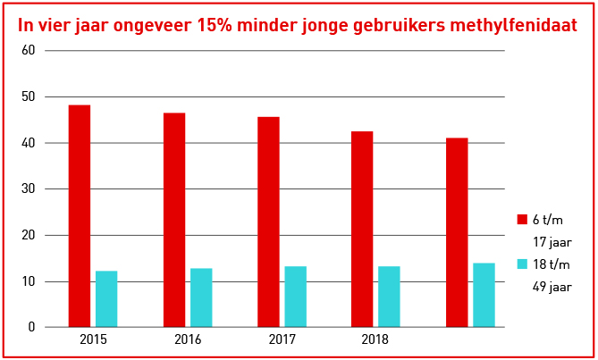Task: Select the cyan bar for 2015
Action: pyautogui.click(x=106, y=298)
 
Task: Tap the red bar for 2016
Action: pyautogui.click(x=174, y=220)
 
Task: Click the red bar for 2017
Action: pyautogui.click(x=268, y=222)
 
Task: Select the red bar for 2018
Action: pyautogui.click(x=362, y=229)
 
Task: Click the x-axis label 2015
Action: pyautogui.click(x=93, y=340)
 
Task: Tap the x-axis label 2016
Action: pyautogui.click(x=188, y=340)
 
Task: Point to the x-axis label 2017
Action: pyautogui.click(x=282, y=340)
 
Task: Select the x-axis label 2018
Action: pyautogui.click(x=375, y=340)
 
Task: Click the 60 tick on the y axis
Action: pyautogui.click(x=28, y=50)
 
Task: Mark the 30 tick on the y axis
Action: pyautogui.click(x=28, y=189)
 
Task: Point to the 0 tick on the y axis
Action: pyautogui.click(x=31, y=328)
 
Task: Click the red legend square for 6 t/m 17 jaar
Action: pyautogui.click(x=523, y=220)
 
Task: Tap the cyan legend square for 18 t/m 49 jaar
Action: pyautogui.click(x=523, y=264)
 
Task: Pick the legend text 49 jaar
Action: pyautogui.click(x=552, y=287)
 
